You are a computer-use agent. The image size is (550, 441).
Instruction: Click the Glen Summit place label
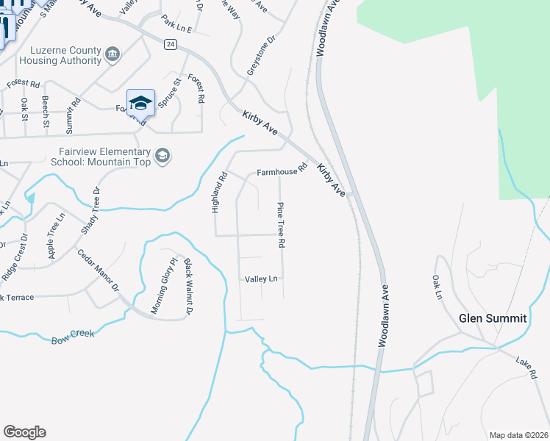(x=492, y=318)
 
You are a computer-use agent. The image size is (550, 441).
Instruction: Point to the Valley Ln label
(x=262, y=279)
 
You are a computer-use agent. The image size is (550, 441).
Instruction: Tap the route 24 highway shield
(x=171, y=45)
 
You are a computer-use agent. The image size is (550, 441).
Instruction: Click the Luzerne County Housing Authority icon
(x=113, y=53)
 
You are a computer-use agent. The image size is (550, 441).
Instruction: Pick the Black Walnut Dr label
(x=188, y=287)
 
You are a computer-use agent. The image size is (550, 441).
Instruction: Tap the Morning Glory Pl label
(x=165, y=286)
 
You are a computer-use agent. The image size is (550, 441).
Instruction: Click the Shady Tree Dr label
(x=90, y=210)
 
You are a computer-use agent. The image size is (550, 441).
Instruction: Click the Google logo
(x=24, y=431)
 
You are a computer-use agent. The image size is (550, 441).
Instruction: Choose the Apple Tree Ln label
(x=57, y=236)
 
